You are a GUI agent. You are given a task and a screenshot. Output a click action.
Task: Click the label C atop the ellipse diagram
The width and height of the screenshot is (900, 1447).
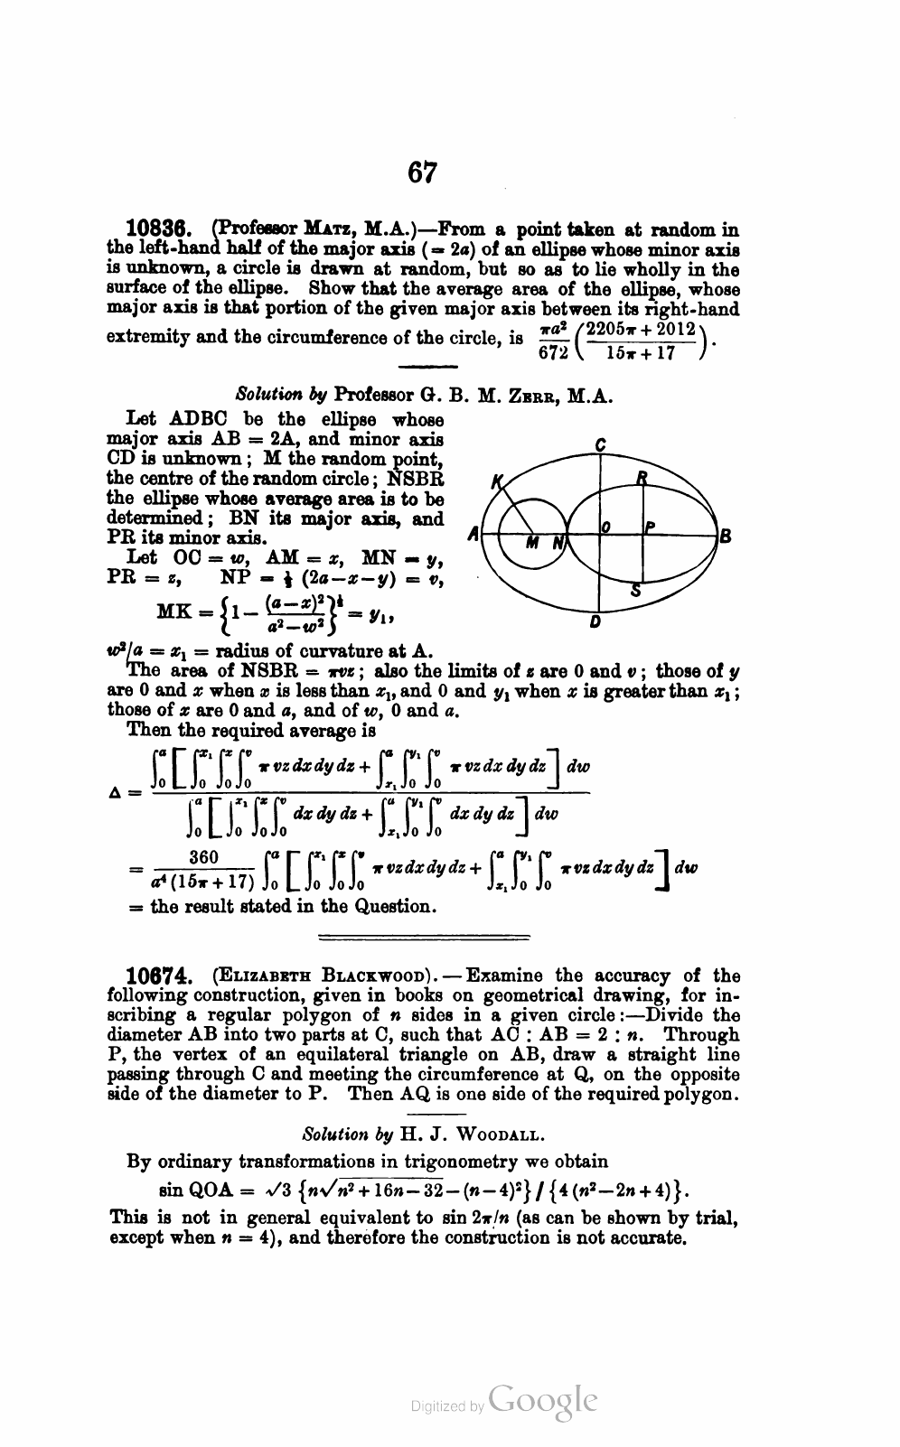coord(601,443)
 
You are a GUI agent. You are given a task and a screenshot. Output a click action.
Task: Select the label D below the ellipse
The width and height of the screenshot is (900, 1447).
coord(595,623)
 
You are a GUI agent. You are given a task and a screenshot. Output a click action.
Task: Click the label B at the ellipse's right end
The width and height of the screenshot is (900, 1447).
coord(724,534)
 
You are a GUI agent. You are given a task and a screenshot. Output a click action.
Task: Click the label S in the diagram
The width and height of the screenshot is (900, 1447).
coord(635,592)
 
